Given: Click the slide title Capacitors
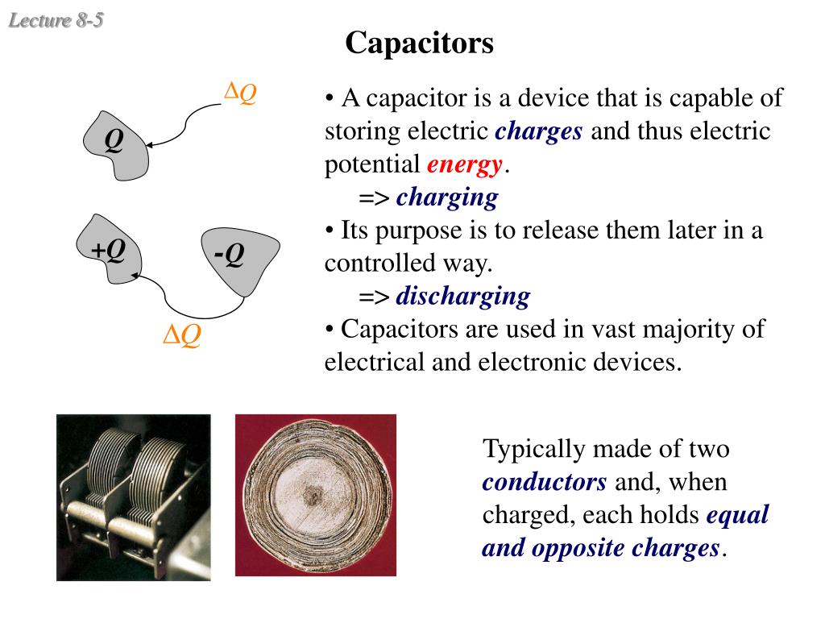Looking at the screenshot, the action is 419,43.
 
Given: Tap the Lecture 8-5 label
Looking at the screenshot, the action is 56,20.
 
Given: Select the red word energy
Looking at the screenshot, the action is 465,164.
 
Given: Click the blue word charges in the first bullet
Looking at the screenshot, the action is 538,131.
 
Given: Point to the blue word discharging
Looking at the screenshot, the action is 462,297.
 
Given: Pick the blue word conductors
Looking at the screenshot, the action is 545,482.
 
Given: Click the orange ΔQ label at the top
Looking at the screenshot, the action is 240,93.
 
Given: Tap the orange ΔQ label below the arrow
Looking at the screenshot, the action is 182,334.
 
